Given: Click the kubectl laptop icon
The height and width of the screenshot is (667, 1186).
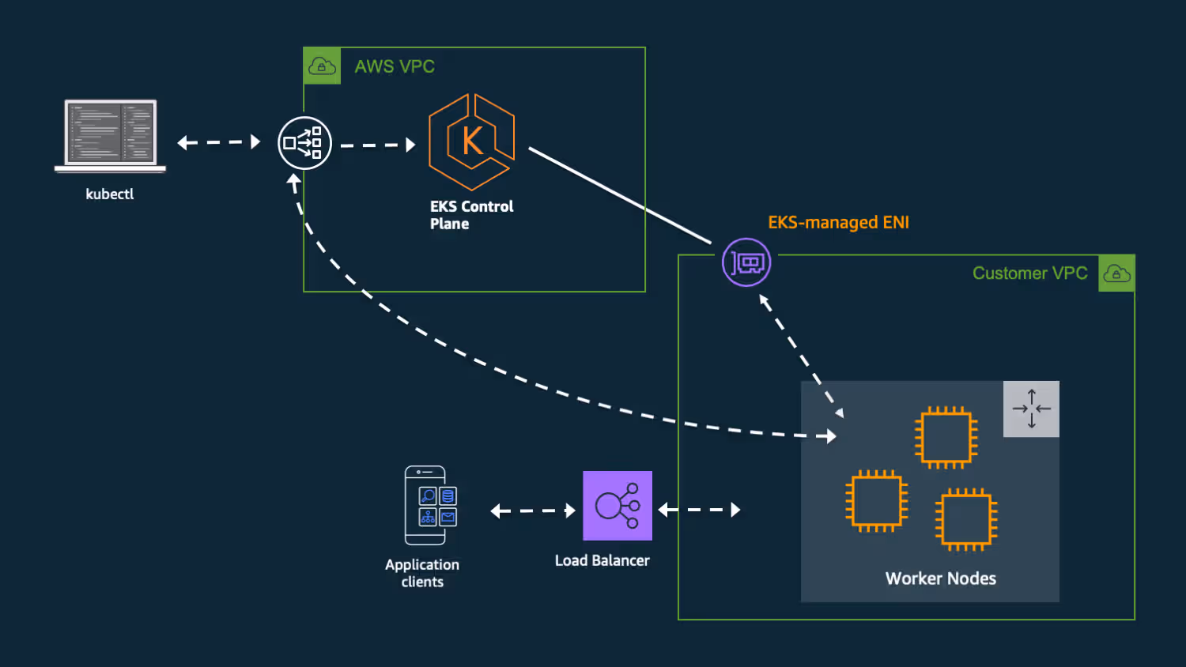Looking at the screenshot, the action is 110,136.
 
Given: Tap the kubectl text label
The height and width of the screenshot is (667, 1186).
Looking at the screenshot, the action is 110,194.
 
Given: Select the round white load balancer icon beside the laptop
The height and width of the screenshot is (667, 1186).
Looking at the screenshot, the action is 304,143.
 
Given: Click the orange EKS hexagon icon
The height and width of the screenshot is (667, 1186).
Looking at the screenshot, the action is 471,142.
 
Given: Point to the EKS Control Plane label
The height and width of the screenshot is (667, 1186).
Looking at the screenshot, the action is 471,215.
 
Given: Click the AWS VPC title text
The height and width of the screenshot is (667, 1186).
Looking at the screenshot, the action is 395,66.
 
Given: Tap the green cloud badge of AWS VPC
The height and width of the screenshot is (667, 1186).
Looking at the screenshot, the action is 322,66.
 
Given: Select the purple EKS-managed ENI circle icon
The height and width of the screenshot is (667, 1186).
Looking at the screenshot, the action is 746,262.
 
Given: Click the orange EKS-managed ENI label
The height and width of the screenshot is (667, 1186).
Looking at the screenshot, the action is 838,222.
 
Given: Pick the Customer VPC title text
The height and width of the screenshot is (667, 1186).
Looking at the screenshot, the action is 1029,273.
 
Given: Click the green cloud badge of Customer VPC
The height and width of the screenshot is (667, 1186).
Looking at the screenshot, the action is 1116,273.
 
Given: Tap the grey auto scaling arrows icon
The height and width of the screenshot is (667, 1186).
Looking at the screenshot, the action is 1031,409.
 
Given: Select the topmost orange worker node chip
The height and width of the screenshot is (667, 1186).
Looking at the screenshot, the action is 946,437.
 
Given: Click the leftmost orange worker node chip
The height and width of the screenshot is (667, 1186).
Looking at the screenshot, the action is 877,501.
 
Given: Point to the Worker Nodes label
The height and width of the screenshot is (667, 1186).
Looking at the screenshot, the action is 940,578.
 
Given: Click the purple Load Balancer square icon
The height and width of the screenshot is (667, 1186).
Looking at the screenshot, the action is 618,506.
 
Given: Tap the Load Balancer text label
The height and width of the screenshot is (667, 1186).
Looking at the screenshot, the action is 602,560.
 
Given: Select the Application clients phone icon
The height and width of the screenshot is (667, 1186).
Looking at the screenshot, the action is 430,505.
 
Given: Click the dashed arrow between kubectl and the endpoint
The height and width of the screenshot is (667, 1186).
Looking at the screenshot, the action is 219,142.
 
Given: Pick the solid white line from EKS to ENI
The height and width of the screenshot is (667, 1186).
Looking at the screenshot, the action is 620,196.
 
